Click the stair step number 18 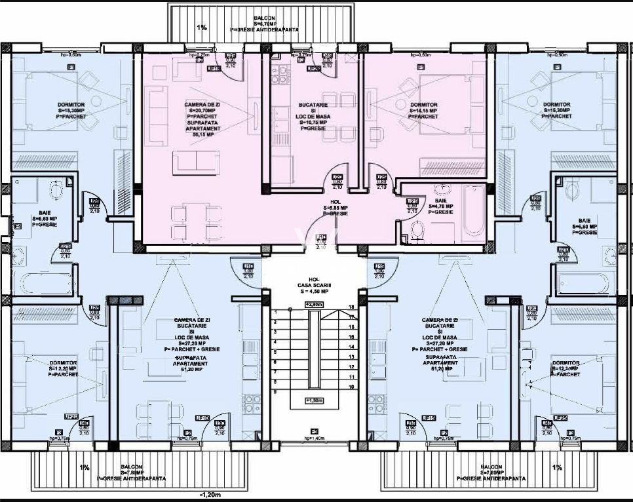click(x=351, y=307)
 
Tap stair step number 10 click(x=351, y=387)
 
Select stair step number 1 click(x=276, y=313)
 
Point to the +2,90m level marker click(x=315, y=305)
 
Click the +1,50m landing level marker click(x=316, y=400)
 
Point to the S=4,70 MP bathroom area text click(x=440, y=206)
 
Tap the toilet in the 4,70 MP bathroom click(x=415, y=229)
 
